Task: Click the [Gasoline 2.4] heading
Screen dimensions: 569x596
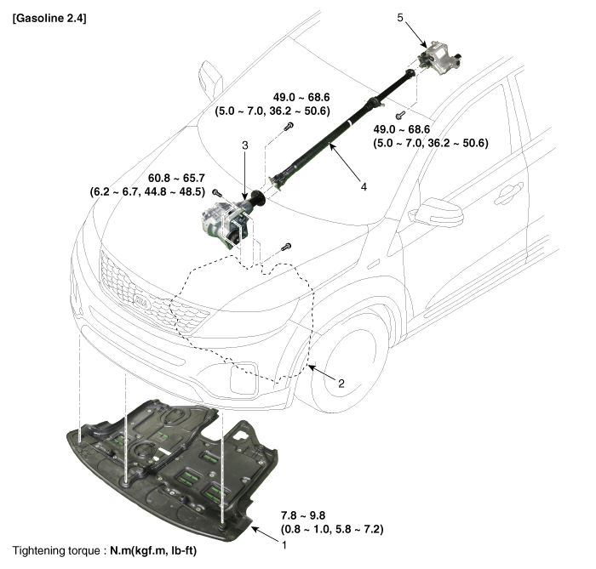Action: [50, 18]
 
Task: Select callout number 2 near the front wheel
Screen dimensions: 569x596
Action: [340, 384]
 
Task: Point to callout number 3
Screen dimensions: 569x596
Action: [244, 146]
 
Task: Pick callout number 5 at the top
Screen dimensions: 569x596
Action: [400, 16]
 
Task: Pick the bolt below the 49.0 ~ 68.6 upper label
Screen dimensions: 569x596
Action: [289, 127]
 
